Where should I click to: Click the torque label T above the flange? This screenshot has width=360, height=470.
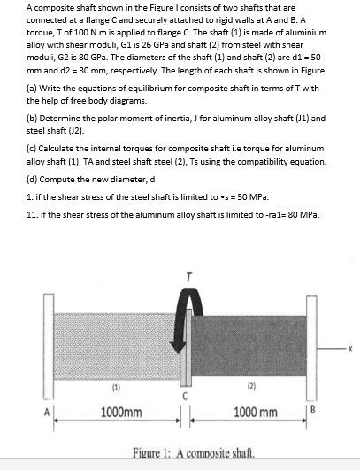click(x=186, y=275)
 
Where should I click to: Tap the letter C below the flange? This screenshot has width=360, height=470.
click(x=184, y=396)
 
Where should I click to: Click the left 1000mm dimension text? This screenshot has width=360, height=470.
click(x=122, y=412)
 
